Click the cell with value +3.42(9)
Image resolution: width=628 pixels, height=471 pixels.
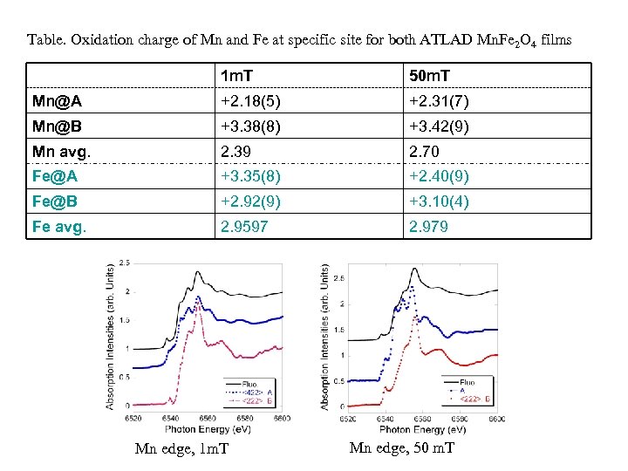pos(440,126)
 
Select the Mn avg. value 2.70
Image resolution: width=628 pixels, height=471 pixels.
pos(425,152)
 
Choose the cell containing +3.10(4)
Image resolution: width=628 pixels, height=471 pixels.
pos(440,201)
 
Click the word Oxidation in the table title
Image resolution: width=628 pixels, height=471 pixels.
pos(98,39)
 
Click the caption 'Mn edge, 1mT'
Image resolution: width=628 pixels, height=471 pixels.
pos(181,448)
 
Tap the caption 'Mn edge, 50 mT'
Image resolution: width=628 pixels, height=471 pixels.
pos(401,447)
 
